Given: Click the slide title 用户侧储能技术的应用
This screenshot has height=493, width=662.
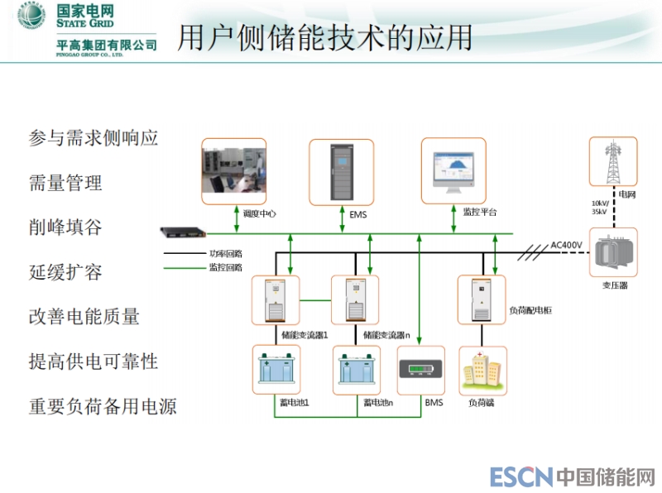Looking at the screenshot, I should point(324,37).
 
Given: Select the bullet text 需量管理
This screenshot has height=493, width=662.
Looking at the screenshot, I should point(65,182).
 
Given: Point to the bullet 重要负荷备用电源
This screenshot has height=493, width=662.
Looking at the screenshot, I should point(103,407).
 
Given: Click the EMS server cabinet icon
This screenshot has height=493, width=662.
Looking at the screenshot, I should point(341,171).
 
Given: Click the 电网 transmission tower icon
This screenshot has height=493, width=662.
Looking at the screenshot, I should point(613,164).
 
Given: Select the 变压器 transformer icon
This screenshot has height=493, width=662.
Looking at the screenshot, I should point(613,251).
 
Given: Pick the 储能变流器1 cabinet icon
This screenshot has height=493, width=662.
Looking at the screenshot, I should point(276,299).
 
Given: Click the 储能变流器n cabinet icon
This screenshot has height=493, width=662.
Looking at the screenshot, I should point(355,299).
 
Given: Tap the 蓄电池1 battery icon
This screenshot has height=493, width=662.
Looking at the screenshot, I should point(276,370).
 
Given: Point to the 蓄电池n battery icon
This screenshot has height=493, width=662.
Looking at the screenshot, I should point(357,370).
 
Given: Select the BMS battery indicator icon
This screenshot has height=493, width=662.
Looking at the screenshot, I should point(421,370).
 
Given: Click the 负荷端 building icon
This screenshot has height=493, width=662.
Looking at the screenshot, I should point(482,370).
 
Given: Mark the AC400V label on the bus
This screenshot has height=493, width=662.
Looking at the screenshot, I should point(567,245).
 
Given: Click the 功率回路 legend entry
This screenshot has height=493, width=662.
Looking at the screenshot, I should point(225,254).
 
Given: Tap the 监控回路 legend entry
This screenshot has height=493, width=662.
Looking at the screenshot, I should point(225,267).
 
